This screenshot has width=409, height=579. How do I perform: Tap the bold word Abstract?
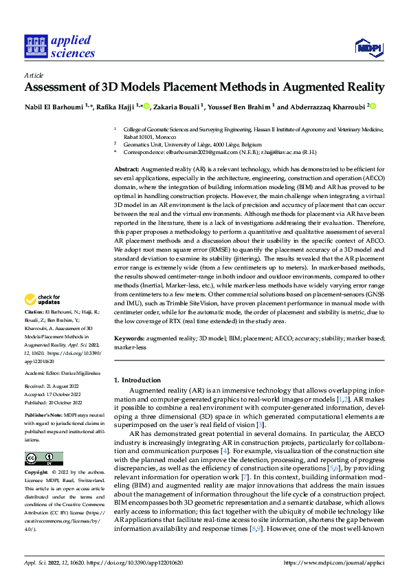(126, 169)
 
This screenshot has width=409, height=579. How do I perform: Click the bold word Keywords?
(129, 339)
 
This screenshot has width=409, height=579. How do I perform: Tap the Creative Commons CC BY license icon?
(43, 459)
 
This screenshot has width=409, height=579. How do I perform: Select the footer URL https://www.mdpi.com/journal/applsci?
(337, 562)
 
